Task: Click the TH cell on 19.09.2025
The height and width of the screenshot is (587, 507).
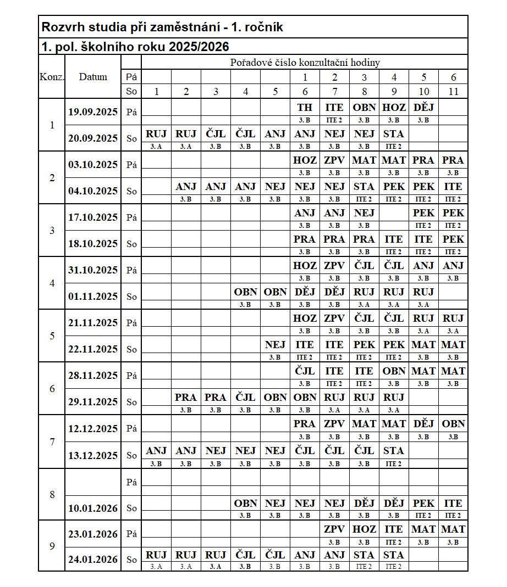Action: tap(305, 108)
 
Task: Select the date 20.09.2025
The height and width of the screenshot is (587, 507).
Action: tap(93, 138)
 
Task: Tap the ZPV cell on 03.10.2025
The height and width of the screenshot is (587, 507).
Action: tap(334, 160)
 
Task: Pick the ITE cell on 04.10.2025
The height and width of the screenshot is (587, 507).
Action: tap(453, 187)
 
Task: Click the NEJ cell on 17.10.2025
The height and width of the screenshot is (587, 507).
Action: tap(364, 213)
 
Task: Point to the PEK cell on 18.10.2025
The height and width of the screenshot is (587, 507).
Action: tap(453, 239)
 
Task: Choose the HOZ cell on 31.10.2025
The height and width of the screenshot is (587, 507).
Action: tap(305, 266)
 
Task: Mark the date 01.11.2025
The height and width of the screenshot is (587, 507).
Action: tap(93, 297)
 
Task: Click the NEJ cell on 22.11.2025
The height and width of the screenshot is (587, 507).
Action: tap(275, 345)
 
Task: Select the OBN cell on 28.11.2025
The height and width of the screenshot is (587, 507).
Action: tap(394, 371)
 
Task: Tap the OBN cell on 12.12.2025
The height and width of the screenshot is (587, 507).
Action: tap(453, 424)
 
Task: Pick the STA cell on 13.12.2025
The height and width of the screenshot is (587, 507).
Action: tap(394, 451)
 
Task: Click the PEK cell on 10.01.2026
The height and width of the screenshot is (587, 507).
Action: tap(423, 504)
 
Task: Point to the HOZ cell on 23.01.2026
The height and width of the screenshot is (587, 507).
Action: tap(364, 529)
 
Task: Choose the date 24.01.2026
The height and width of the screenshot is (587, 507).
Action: tap(93, 560)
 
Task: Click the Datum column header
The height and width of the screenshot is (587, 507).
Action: tap(93, 77)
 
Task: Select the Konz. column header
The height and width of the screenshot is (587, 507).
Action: tap(52, 77)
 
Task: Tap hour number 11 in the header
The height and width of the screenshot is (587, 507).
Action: tap(453, 92)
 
